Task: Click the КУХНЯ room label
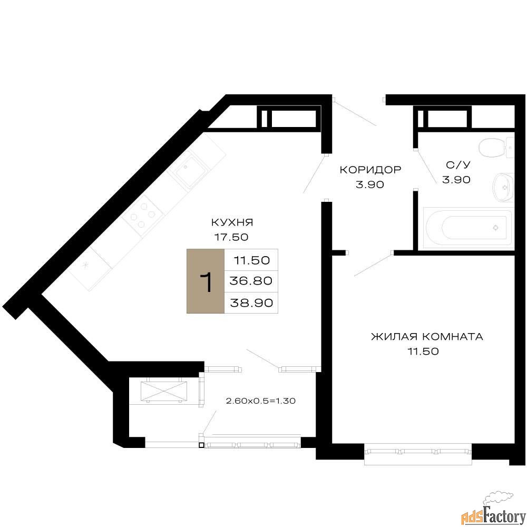click(232, 222)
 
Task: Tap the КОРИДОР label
click(370, 169)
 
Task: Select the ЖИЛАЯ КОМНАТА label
click(427, 336)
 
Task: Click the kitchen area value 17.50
click(231, 237)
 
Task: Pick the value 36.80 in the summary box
click(251, 281)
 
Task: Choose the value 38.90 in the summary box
click(251, 303)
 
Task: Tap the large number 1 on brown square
click(206, 281)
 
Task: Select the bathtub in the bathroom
click(468, 228)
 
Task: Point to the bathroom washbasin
click(503, 188)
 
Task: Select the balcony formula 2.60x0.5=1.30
click(261, 401)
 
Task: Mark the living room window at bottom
click(418, 454)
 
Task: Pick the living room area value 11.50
click(423, 351)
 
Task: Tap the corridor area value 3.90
click(370, 184)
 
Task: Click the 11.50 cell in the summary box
click(251, 260)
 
